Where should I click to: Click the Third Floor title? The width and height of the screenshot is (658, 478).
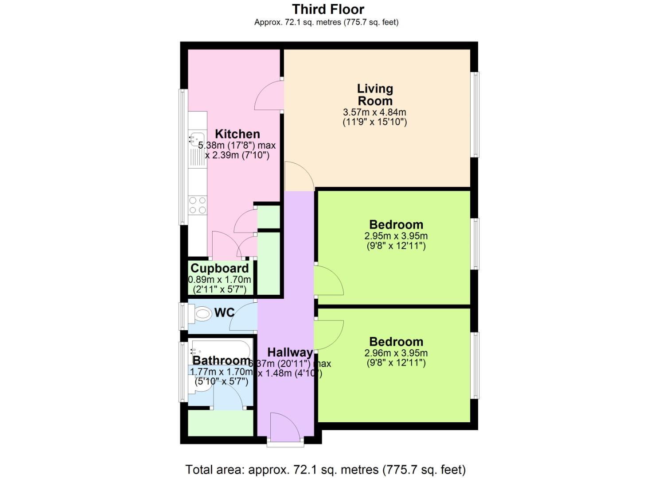(x=328, y=9)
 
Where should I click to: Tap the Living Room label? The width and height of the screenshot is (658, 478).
(x=375, y=95)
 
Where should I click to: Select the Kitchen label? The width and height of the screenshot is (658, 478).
(x=238, y=134)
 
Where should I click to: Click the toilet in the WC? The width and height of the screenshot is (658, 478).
(x=202, y=315)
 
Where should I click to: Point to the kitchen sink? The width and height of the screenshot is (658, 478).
(x=196, y=139)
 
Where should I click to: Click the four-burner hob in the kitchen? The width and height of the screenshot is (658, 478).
(x=198, y=205)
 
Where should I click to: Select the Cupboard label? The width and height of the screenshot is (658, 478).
(x=219, y=268)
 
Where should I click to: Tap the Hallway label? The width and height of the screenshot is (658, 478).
(x=290, y=352)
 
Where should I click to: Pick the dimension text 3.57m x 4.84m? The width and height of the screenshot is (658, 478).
(x=375, y=112)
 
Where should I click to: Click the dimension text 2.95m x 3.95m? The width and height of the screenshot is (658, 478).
(x=396, y=236)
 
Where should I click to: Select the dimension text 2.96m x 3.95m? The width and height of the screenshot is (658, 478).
(x=396, y=353)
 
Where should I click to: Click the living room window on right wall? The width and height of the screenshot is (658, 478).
(x=475, y=115)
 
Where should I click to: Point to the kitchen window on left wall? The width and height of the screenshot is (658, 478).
(x=183, y=157)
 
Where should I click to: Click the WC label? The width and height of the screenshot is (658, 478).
(x=225, y=312)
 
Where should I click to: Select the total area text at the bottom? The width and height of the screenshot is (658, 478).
(x=326, y=469)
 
